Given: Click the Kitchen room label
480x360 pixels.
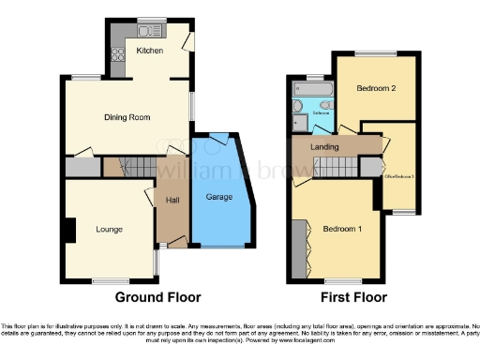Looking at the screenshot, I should [x=150, y=50].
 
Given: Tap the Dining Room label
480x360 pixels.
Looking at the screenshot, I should [x=127, y=117].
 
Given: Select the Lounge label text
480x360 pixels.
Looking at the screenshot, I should [x=110, y=228].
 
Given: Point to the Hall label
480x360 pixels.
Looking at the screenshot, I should [x=172, y=200].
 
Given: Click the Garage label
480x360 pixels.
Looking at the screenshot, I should [x=219, y=197].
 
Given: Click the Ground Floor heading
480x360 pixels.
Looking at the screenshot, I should [x=157, y=298].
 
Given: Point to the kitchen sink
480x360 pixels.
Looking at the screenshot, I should [x=148, y=21].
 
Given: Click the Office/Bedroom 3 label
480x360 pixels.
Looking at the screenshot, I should [x=397, y=176].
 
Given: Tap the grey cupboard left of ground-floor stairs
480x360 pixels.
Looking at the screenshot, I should [x=82, y=167].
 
